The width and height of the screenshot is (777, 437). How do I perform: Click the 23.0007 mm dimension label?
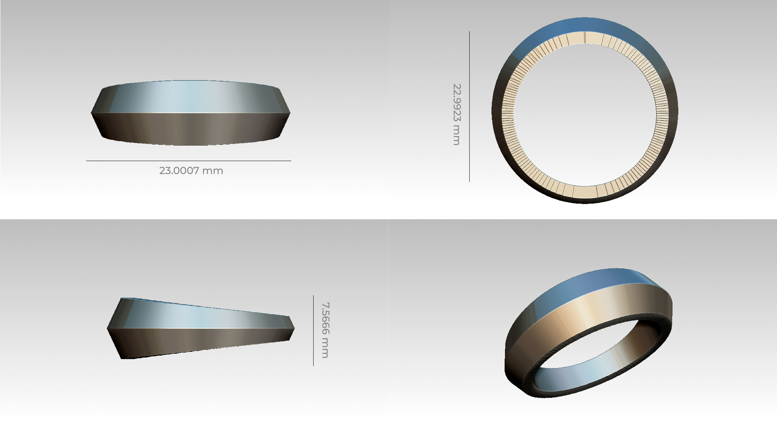pyautogui.click(x=191, y=171)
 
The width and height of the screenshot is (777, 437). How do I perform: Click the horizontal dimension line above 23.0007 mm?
pyautogui.click(x=189, y=161)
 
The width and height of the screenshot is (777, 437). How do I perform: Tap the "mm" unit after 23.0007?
pyautogui.click(x=213, y=171)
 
